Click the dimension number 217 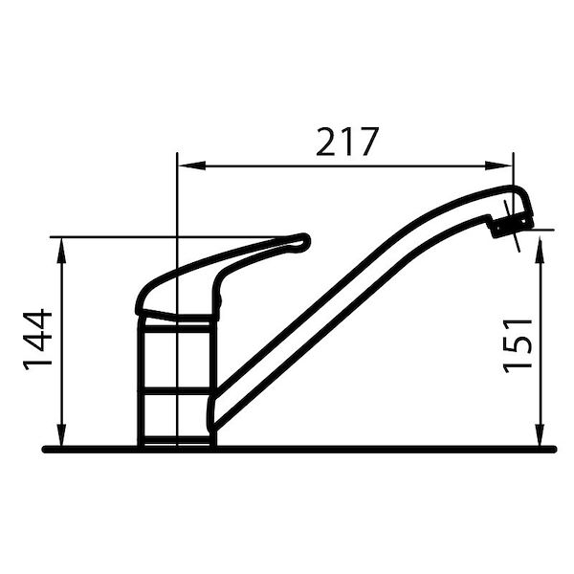pos(348,142)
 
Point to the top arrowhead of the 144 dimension pos(62,245)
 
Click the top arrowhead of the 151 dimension pos(541,240)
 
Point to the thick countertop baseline pos(383,448)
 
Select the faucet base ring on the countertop pos(176,439)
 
